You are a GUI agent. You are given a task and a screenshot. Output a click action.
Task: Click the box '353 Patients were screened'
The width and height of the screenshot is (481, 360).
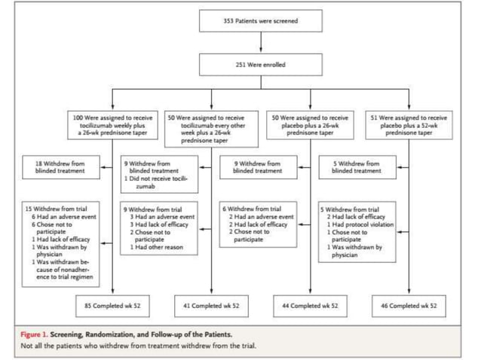click(261, 21)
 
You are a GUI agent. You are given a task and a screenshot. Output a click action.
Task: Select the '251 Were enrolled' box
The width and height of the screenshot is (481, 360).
click(261, 65)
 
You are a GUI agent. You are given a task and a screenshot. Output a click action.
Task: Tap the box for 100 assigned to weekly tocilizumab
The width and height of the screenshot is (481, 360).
click(112, 125)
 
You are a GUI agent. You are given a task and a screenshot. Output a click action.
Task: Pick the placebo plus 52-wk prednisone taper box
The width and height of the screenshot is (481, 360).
click(409, 125)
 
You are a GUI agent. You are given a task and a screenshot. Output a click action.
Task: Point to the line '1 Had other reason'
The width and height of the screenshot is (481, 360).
click(157, 246)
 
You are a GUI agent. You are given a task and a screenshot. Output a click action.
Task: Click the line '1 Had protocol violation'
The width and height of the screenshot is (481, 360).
click(359, 224)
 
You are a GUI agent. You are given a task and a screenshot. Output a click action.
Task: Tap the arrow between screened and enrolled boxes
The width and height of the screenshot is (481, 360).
click(261, 43)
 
